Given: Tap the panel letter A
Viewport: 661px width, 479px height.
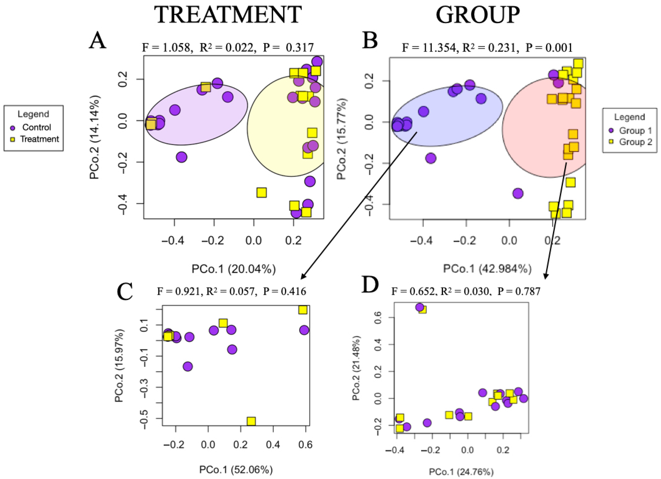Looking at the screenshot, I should tap(98, 41).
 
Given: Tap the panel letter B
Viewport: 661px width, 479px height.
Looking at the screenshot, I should tap(370, 41).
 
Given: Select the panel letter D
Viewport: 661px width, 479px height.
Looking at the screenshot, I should tap(370, 285).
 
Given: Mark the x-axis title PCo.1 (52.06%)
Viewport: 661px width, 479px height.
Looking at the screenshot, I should tap(236, 470).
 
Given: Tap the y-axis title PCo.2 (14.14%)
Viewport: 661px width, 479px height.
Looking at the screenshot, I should tap(95, 137).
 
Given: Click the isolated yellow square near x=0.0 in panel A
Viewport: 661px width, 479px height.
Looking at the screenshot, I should tap(261, 193).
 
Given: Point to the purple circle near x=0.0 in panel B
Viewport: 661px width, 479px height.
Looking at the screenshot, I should tap(518, 193).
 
